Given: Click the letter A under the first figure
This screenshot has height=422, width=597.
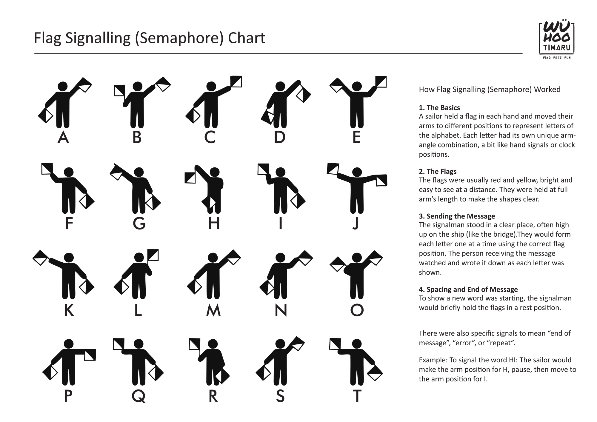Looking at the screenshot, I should [63, 137].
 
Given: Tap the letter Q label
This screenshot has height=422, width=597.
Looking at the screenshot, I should [139, 396].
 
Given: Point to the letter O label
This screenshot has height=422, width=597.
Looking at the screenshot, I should [357, 310].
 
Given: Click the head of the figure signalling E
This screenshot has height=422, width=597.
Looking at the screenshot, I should [357, 87].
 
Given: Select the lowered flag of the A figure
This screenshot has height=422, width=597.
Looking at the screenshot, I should [46, 115].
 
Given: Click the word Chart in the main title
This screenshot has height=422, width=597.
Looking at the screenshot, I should [246, 38].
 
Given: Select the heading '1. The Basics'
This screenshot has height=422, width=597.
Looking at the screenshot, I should [439, 108].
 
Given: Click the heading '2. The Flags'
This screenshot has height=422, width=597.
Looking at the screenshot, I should [438, 172].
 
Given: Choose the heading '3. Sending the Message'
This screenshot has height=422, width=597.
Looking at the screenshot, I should [457, 216].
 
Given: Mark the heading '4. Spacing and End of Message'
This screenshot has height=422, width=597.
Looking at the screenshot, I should [468, 289].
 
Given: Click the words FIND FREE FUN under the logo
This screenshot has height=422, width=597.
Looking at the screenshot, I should [557, 58].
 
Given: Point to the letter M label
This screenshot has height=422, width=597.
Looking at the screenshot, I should [213, 310].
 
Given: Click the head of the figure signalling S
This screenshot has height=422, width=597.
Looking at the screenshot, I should [280, 344].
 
